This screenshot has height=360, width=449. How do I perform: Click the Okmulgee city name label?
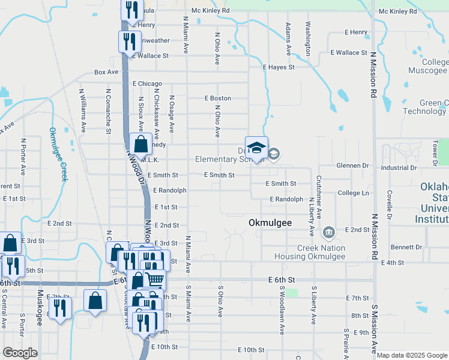coord(270,223)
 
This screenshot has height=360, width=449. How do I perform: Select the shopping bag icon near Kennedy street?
coord(140,145)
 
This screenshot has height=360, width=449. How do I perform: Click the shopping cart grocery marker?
coord(155,279)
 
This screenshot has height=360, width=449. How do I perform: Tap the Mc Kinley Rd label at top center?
coord(210,11)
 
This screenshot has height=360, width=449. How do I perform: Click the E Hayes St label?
coord(279,67)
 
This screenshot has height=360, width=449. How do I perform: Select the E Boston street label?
coord(217,98)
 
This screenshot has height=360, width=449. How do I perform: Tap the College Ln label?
coord(353,193)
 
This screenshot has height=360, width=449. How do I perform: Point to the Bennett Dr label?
coord(406,247)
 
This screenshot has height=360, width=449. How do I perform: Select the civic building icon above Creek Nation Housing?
coord(329,232)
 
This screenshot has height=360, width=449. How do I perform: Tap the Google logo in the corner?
coord(20,353)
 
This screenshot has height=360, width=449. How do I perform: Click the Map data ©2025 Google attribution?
coord(412,355)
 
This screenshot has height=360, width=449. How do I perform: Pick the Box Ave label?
coord(106,72)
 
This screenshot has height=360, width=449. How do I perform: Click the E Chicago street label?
coord(148,83)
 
